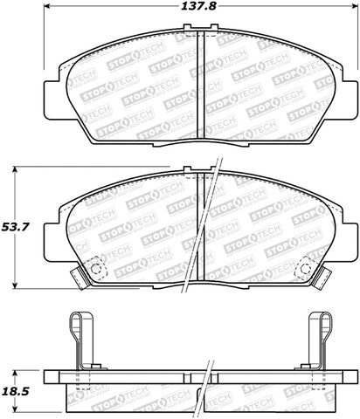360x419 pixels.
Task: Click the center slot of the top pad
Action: [201, 79]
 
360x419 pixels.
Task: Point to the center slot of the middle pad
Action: [201, 227]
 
